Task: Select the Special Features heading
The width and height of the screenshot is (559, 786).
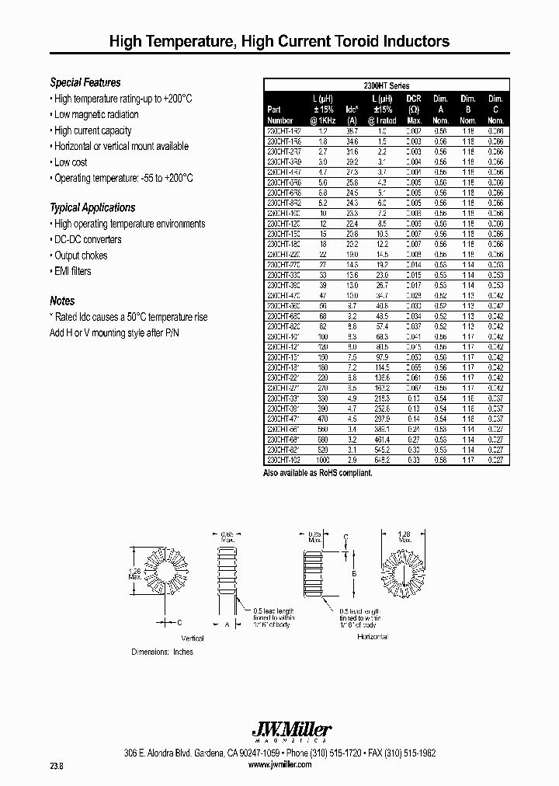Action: [85, 82]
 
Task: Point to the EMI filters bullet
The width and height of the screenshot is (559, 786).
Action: [71, 271]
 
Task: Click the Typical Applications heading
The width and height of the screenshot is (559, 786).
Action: [92, 207]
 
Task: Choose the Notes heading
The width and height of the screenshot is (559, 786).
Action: [62, 301]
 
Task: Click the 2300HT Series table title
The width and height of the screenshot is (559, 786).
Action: [387, 85]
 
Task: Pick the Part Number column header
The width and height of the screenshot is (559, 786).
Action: [279, 115]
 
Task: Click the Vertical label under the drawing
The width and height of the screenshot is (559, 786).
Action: [192, 638]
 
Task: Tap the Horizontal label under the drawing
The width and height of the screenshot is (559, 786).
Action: [373, 637]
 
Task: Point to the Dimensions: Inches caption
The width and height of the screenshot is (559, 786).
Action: [162, 652]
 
